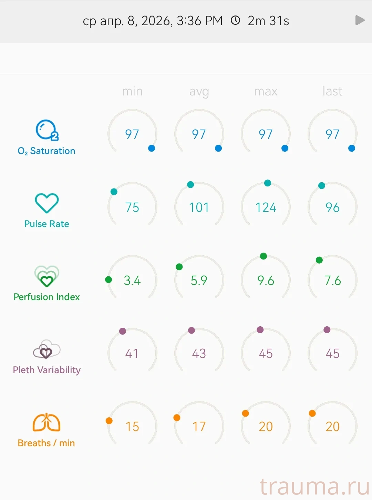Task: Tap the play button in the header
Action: [x=360, y=20]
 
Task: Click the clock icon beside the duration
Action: [x=235, y=20]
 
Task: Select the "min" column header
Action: [x=132, y=91]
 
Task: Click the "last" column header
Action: [x=332, y=91]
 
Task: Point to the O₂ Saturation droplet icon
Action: [x=47, y=130]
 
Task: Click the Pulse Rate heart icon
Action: [x=47, y=203]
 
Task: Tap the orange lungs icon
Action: [x=46, y=422]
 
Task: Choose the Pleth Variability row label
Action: [x=47, y=370]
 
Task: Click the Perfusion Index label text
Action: [x=47, y=297]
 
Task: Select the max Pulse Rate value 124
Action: [x=266, y=207]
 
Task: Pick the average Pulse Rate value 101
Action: [x=199, y=207]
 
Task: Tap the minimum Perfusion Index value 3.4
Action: [x=132, y=280]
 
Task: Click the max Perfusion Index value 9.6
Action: [x=266, y=280]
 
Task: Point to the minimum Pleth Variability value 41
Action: [x=132, y=354]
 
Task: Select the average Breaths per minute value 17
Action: [x=199, y=427]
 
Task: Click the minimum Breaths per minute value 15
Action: [x=132, y=427]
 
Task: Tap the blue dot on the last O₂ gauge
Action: [x=352, y=148]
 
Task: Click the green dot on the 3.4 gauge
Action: [x=108, y=279]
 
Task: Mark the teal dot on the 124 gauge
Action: [x=268, y=183]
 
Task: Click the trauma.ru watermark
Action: [x=314, y=487]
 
